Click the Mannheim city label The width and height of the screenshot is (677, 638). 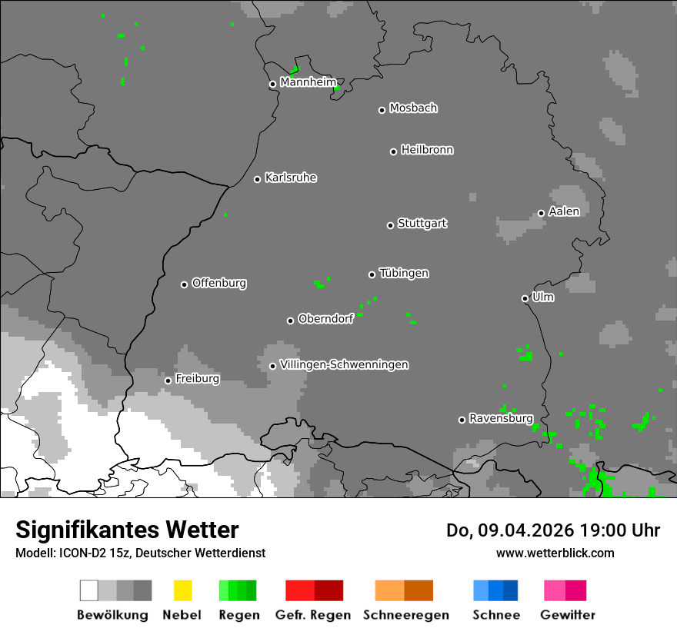tap(308, 82)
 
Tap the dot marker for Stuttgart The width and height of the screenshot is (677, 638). tap(390, 225)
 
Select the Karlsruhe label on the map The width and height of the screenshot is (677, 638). tap(290, 178)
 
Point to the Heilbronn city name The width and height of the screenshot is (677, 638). tap(427, 150)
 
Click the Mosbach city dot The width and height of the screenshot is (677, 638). tap(382, 110)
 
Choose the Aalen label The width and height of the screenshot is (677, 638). tap(564, 211)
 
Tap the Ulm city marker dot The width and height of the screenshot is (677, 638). tap(525, 298)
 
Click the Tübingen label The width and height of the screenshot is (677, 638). tap(404, 273)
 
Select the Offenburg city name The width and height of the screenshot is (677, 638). tap(218, 283)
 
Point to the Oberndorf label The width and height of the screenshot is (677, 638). tap(325, 319)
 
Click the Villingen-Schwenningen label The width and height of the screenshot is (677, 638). tap(344, 364)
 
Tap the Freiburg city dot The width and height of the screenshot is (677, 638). tap(168, 380)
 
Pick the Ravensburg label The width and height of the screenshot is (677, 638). tap(501, 418)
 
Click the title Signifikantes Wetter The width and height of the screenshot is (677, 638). tap(127, 530)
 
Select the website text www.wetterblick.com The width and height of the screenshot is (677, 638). tap(555, 553)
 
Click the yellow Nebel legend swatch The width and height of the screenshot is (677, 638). tap(182, 590)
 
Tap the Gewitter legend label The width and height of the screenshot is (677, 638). tap(567, 615)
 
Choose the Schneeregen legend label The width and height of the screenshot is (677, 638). tap(405, 615)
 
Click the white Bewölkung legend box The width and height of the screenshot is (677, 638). tap(88, 590)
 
